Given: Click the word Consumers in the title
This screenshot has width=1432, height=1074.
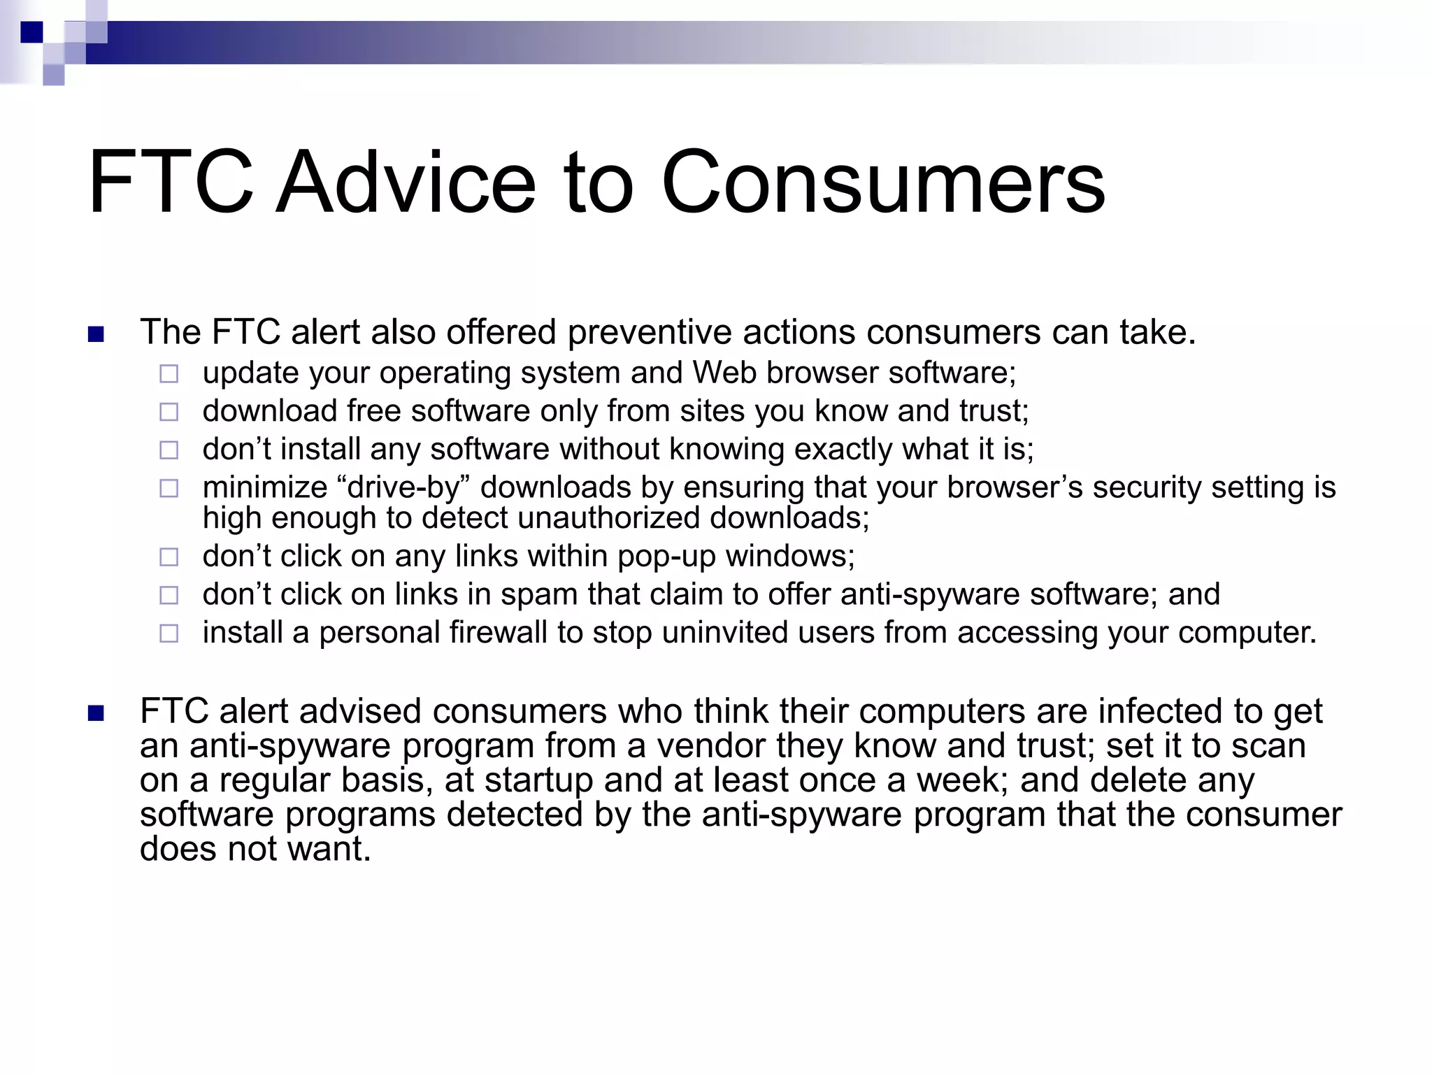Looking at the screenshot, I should pos(882,183).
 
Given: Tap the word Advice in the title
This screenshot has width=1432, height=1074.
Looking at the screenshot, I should pos(406,183).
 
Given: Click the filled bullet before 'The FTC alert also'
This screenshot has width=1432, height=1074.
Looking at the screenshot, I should pos(96,334).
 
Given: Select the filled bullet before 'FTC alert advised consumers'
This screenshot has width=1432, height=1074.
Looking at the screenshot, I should pos(96,713).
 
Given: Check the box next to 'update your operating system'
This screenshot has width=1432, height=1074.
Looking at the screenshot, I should pos(169,374).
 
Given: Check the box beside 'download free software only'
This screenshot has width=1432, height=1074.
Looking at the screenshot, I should pos(169,412).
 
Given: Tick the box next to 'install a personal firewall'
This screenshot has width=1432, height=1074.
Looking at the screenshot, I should pos(169,633).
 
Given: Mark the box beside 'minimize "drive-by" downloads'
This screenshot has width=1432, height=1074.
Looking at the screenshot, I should pos(169,488).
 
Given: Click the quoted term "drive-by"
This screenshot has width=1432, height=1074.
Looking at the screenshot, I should pos(403,487).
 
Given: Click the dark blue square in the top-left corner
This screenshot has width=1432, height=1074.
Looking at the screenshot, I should pos(31,32).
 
